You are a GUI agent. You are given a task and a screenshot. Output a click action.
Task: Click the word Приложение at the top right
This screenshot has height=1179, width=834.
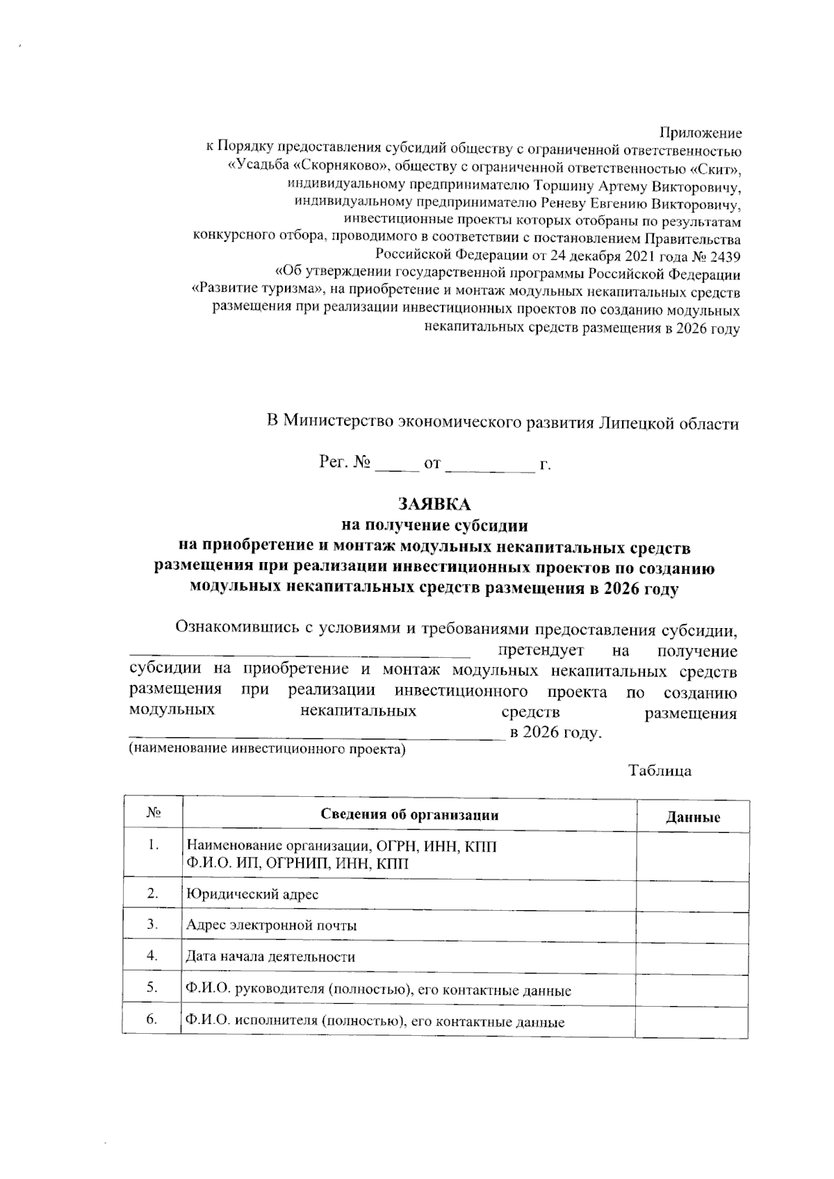point(700,133)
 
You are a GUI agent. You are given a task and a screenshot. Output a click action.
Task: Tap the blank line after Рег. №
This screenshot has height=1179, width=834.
point(397,464)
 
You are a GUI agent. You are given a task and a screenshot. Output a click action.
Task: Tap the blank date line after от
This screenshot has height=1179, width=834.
point(490,464)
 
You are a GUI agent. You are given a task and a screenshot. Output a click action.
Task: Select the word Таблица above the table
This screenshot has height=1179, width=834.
point(660,771)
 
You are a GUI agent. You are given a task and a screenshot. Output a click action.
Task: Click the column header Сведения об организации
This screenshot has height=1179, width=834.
point(409,815)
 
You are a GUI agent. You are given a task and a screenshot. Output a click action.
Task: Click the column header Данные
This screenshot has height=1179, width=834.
point(692,817)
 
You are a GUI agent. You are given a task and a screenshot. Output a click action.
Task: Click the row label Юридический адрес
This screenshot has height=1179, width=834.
point(252,894)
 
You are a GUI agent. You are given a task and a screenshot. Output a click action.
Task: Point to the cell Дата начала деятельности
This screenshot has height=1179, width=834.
point(270,957)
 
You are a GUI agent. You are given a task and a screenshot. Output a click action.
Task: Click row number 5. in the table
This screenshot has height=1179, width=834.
point(153,987)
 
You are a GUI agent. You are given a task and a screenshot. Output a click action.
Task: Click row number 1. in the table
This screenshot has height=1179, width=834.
point(154,846)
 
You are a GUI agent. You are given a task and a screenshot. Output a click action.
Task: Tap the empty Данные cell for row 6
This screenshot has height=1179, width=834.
point(692,1021)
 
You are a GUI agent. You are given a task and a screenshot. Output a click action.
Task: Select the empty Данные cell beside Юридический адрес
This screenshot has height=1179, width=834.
point(692,895)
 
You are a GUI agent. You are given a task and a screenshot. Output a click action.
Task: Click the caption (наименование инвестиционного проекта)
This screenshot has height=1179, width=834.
point(266,750)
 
